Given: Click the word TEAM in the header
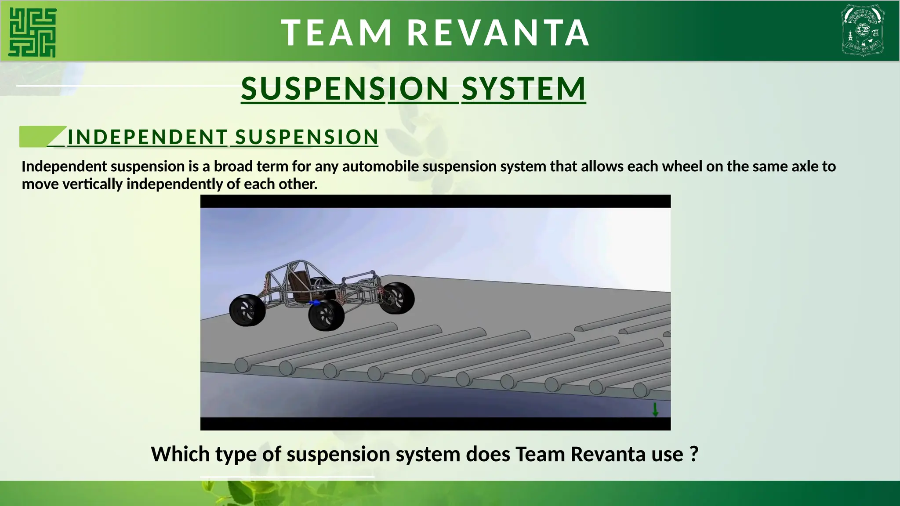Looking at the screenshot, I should (x=336, y=33).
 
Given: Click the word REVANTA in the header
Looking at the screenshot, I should (x=498, y=33).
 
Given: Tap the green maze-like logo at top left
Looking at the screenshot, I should (x=33, y=33).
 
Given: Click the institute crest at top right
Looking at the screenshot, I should (x=863, y=30).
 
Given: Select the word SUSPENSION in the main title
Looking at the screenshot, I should (x=345, y=89).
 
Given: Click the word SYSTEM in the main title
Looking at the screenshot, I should (x=523, y=89).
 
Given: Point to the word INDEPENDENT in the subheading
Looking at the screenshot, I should (x=147, y=137).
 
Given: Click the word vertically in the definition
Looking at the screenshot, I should (x=92, y=184).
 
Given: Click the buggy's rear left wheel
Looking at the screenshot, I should (x=247, y=311).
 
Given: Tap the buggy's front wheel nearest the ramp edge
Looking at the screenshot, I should (x=397, y=298).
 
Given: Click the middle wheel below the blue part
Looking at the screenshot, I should (x=326, y=315).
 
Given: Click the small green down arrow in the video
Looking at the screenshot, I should (x=655, y=409).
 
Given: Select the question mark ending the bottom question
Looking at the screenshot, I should (x=694, y=454).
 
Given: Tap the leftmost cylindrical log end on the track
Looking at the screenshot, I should (x=242, y=365).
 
